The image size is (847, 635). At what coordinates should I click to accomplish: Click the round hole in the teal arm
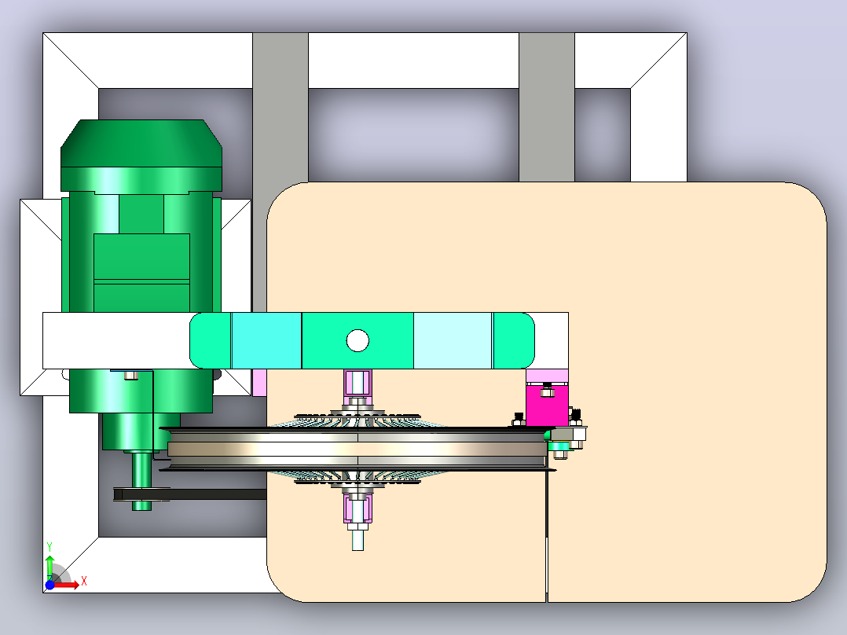(357, 341)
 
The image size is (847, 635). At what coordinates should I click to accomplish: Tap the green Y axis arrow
(49, 567)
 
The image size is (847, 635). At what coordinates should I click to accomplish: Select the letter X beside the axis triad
(84, 582)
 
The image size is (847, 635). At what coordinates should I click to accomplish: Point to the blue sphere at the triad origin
(49, 585)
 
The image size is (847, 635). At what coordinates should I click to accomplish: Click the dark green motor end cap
(141, 143)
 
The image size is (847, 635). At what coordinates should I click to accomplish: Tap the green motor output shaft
(141, 481)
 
